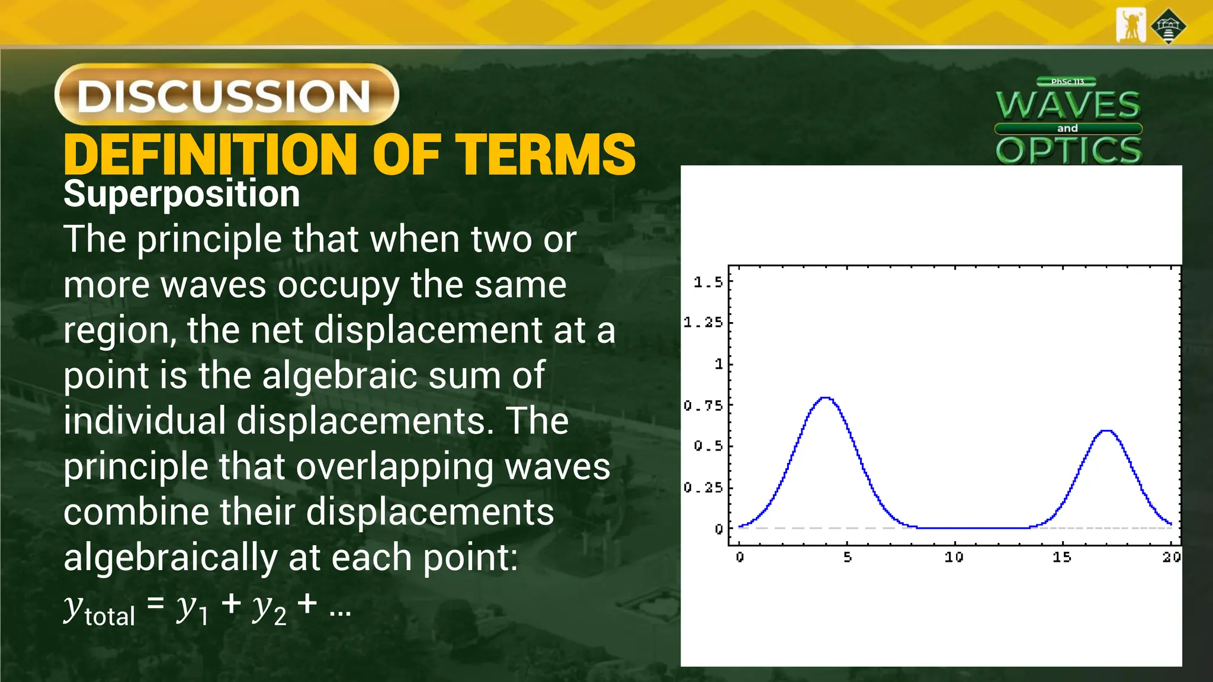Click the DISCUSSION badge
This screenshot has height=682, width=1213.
(x=226, y=95)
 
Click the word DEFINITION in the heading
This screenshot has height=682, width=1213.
(x=211, y=155)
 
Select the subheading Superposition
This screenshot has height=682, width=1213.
(x=181, y=194)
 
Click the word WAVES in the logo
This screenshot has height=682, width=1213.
(x=1068, y=105)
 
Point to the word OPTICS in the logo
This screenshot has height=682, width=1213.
(x=1068, y=150)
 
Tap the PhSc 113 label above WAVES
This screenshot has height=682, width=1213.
(x=1067, y=82)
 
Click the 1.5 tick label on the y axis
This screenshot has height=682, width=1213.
(x=708, y=282)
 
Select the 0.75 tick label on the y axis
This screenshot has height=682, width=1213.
(x=703, y=406)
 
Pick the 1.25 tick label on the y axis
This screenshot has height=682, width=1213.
(x=703, y=323)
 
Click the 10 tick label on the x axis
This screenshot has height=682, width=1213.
(x=954, y=557)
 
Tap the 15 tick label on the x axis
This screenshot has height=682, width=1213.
(x=1061, y=557)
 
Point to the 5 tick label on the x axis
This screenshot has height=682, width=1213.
(x=848, y=557)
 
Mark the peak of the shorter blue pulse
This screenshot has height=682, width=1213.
(x=1106, y=431)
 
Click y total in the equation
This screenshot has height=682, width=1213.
(x=100, y=610)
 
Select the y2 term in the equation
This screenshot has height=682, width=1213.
(x=269, y=610)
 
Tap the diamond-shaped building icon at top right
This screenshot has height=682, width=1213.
(x=1168, y=26)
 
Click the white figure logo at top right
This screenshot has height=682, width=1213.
(x=1131, y=25)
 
